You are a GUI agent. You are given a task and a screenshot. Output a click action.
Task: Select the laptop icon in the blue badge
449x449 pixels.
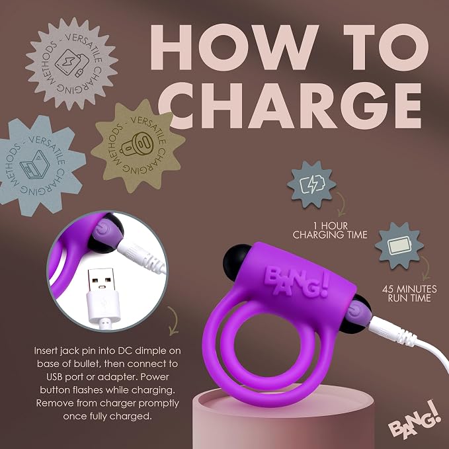pyautogui.click(x=35, y=165)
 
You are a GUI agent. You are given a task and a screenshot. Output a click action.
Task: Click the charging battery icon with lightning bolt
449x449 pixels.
pyautogui.click(x=313, y=184)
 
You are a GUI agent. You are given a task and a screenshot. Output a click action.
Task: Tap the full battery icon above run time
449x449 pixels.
pyautogui.click(x=399, y=246)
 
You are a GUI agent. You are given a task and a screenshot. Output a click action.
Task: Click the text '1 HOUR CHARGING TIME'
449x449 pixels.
pyautogui.click(x=330, y=230)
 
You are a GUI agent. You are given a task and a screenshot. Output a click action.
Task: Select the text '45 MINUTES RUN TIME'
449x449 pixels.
pyautogui.click(x=409, y=293)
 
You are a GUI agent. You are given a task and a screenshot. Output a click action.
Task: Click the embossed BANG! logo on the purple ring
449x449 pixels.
pyautogui.click(x=296, y=282)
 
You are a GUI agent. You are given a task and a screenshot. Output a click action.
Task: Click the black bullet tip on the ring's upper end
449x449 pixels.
pyautogui.click(x=235, y=259)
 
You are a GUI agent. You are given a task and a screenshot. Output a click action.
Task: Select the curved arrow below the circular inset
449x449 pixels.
pyautogui.click(x=173, y=321)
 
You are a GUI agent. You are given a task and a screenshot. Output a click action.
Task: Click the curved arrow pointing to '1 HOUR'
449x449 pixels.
pyautogui.click(x=342, y=204)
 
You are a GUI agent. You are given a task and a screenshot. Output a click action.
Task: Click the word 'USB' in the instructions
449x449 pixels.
pyautogui.click(x=54, y=377)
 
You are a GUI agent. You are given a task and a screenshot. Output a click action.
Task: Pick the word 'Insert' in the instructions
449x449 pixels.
pyautogui.click(x=46, y=350)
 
